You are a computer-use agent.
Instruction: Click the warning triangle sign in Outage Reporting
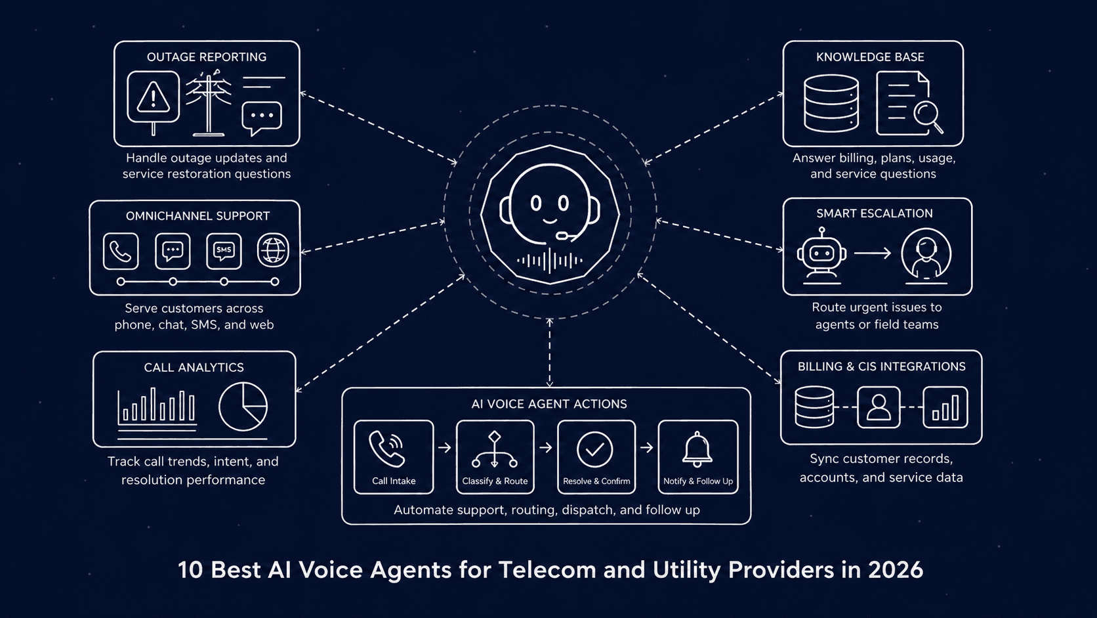tap(154, 99)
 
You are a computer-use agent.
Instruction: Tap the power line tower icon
tap(209, 105)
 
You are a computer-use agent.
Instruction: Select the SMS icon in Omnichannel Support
tap(224, 251)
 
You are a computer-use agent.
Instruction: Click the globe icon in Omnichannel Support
tap(273, 250)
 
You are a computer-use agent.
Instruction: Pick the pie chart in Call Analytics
tap(243, 407)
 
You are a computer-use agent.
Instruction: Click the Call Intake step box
tap(394, 457)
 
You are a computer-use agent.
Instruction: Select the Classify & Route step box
tap(495, 457)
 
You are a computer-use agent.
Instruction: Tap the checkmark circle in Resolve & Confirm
tap(595, 450)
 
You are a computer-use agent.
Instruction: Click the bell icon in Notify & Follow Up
tap(697, 449)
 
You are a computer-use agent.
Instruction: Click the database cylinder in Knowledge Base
tap(831, 104)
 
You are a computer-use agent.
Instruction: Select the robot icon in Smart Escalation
tap(821, 254)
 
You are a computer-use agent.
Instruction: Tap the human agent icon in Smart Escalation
tap(926, 254)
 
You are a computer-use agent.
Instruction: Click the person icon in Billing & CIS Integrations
tap(879, 407)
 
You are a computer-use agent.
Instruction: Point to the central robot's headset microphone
tap(563, 235)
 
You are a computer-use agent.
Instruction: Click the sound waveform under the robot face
tap(550, 261)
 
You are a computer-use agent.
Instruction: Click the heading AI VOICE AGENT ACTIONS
tap(549, 404)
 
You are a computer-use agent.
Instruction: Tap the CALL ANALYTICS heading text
tap(194, 367)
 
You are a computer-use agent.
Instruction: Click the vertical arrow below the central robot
tap(550, 353)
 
